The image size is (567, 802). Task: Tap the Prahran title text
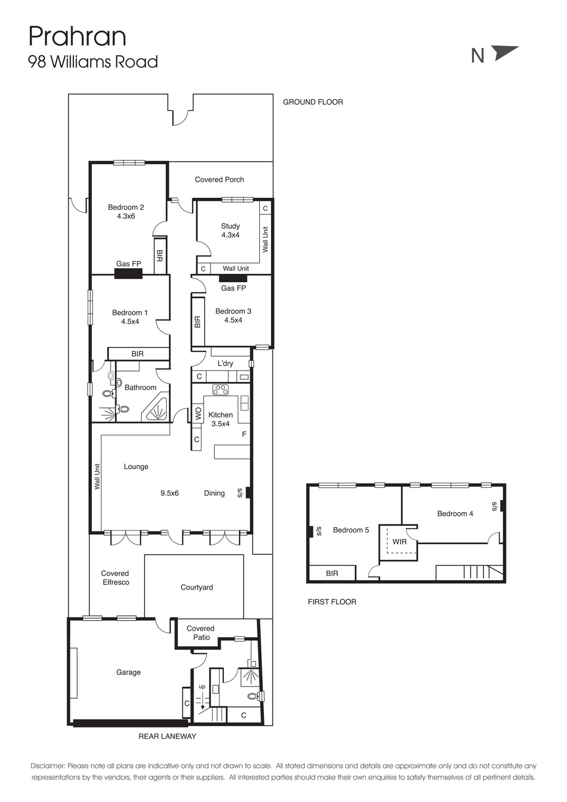pos(77,36)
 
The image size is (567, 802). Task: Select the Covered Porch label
pos(219,179)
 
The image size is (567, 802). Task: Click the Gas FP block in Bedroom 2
pos(128,273)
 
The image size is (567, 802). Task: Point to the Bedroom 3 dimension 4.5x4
pos(233,320)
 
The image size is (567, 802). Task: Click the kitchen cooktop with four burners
pos(221,390)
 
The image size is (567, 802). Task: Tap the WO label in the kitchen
pos(198,413)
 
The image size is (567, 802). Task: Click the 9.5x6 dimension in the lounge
pos(169,493)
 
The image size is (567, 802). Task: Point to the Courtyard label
pos(197,587)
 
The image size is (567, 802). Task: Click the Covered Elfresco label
pos(115,578)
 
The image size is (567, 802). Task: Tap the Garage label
pos(128,673)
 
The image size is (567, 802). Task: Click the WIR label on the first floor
pos(400,542)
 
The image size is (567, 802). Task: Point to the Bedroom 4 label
pos(455,514)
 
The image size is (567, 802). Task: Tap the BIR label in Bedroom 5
pos(332,573)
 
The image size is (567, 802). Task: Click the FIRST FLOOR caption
pos(332,602)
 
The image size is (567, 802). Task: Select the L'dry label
pos(225,364)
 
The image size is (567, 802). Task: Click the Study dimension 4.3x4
pos(230,235)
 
